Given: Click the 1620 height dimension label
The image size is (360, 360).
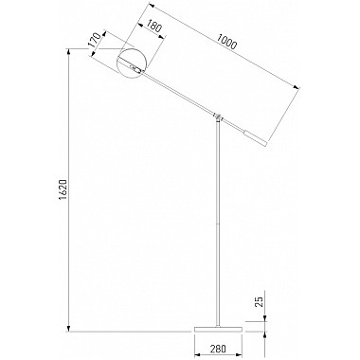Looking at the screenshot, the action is [63, 190].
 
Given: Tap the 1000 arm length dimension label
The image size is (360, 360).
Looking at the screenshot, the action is [226, 42].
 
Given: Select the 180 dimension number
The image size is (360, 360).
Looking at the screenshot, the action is [154, 27].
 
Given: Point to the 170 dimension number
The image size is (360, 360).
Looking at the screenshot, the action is [95, 40].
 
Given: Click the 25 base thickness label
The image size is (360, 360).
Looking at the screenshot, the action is [259, 301].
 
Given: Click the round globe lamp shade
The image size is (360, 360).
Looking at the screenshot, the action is [132, 63].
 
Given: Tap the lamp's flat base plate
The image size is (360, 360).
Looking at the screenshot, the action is [218, 329].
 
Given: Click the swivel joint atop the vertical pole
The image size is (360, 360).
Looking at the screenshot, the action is [218, 117].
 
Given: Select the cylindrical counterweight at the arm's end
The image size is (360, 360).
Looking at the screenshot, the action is [255, 138].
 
